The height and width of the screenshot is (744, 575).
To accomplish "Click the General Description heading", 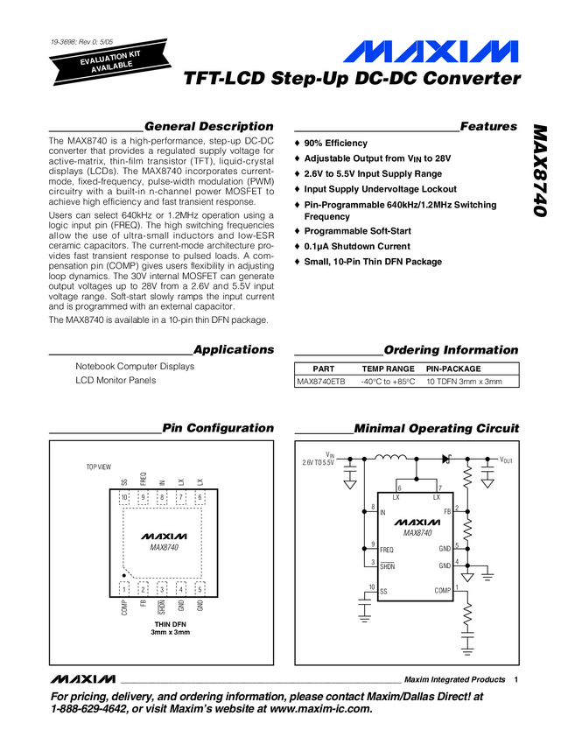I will (208, 126).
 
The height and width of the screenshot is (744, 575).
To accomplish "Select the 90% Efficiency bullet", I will (336, 143).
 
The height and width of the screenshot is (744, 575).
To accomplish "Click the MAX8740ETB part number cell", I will (321, 382).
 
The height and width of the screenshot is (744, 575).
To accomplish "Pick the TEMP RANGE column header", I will (388, 369).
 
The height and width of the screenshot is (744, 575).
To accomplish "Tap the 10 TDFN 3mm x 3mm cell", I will (464, 382).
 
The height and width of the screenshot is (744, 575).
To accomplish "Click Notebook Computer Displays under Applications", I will (135, 366).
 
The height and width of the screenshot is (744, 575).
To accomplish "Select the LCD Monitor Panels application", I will (116, 380).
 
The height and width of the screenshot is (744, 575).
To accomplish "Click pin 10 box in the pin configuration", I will (125, 498).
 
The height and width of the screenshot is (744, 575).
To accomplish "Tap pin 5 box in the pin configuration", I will (200, 589).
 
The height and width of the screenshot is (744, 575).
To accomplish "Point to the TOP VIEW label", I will (98, 467).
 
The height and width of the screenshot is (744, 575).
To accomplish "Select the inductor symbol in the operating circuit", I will (391, 458).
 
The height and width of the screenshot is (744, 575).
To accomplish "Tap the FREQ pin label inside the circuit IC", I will (387, 549).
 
